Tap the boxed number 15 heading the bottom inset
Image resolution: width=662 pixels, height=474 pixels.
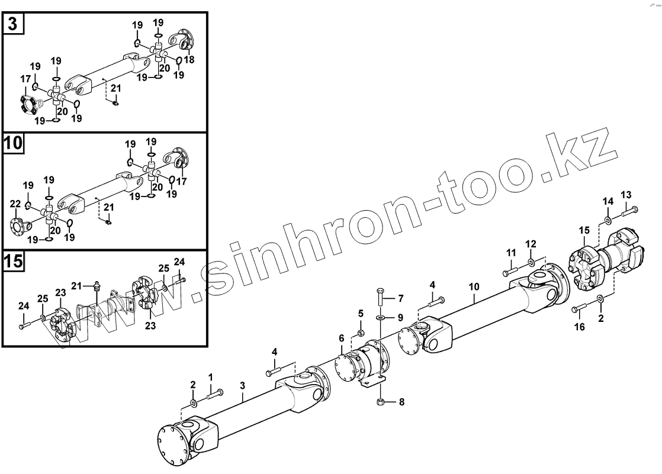(x=14, y=262)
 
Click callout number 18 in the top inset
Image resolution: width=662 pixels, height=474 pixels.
(x=189, y=60)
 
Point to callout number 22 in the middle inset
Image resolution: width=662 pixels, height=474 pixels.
(x=15, y=204)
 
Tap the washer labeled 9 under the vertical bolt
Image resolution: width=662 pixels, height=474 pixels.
(x=381, y=318)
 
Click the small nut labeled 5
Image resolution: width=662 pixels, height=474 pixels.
(x=361, y=331)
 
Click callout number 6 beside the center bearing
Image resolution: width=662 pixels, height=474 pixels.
(x=341, y=337)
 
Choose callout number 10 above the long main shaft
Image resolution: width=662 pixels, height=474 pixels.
(x=474, y=287)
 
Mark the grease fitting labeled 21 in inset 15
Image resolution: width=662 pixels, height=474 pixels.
(x=96, y=288)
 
